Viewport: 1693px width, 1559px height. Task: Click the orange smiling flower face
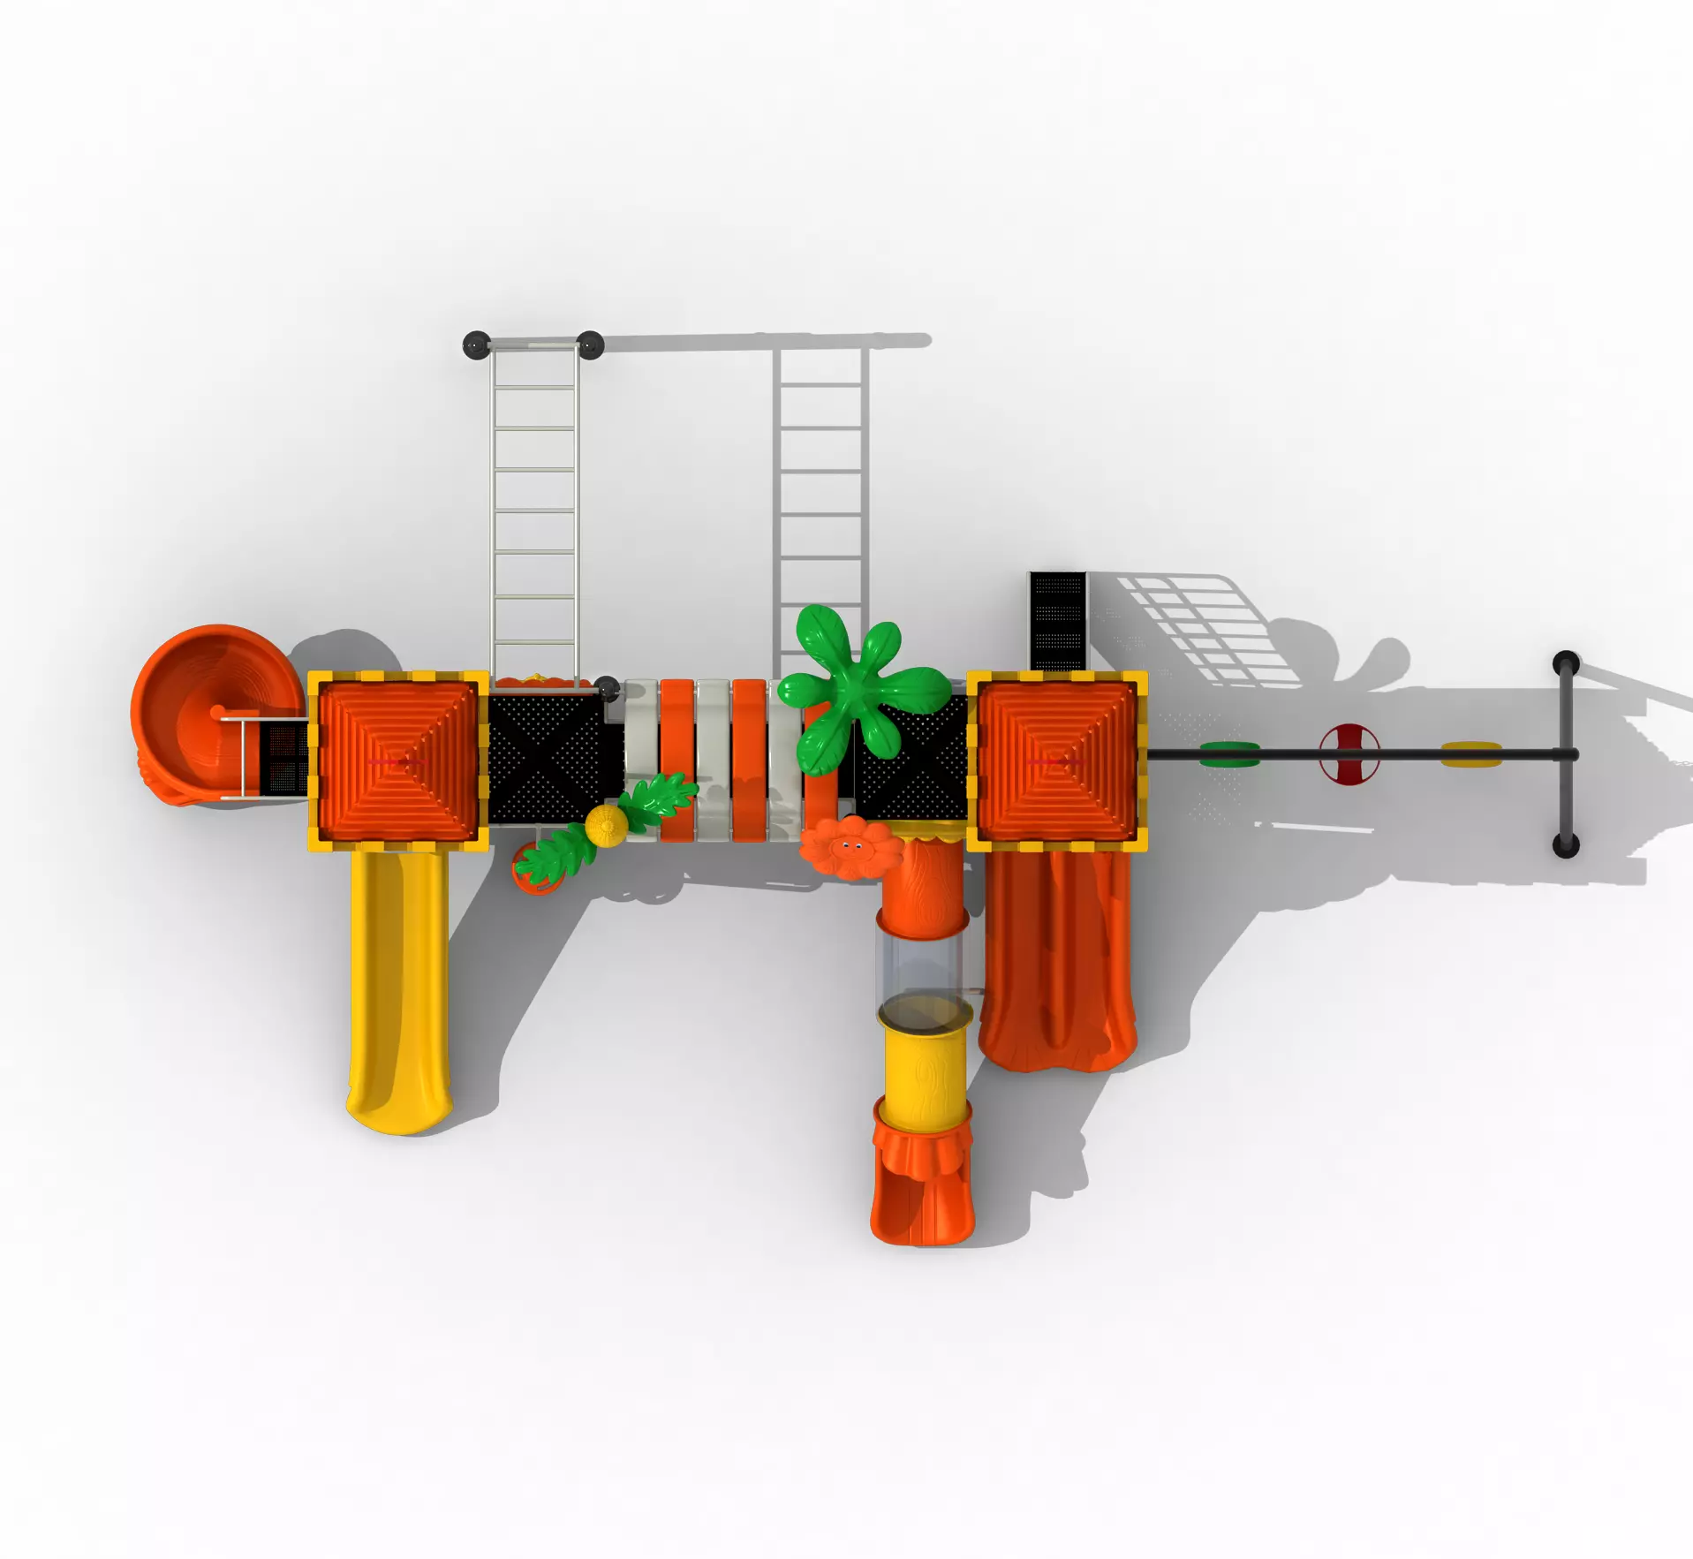850,846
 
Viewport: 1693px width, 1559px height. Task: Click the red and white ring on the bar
1349,753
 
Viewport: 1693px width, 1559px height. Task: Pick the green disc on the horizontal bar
1229,753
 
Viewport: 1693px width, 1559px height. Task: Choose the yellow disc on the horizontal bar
1470,753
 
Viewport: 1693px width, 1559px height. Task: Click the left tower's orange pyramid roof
397,761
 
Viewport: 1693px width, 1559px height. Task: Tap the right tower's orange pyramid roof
1057,761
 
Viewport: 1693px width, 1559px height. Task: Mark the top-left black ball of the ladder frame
476,344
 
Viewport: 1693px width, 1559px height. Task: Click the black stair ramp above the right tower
1057,620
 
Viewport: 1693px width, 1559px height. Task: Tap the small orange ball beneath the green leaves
533,871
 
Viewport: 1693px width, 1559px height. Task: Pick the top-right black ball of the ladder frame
590,344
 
